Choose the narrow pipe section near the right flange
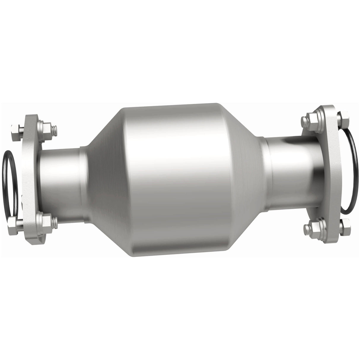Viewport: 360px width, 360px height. coord(291,172)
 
